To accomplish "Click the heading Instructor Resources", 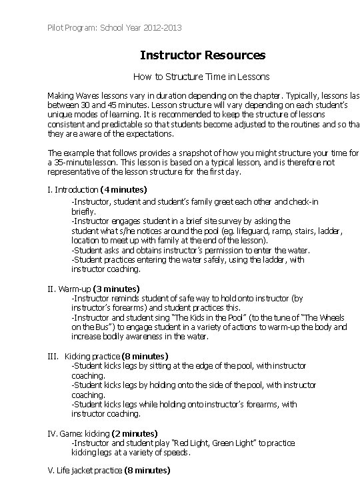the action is [x=203, y=55].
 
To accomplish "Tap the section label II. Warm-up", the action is [x=69, y=289].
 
